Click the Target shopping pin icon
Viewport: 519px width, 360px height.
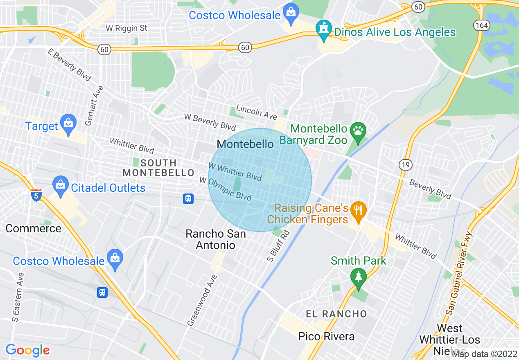pyautogui.click(x=68, y=123)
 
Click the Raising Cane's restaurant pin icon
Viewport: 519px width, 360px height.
pyautogui.click(x=359, y=211)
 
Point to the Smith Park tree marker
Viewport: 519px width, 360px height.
pyautogui.click(x=359, y=277)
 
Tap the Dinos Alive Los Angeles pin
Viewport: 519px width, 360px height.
pyautogui.click(x=324, y=29)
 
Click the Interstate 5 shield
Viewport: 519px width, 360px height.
pyautogui.click(x=36, y=196)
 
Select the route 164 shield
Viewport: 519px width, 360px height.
pyautogui.click(x=482, y=25)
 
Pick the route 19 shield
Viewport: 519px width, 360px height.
pyautogui.click(x=405, y=164)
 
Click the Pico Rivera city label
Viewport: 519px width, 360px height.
pyautogui.click(x=326, y=337)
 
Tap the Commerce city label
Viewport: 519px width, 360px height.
pyautogui.click(x=33, y=228)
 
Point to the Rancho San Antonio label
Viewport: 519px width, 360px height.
pyautogui.click(x=216, y=239)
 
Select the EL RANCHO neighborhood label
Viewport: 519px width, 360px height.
pyautogui.click(x=336, y=314)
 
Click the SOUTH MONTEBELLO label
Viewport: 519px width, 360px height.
pyautogui.click(x=158, y=168)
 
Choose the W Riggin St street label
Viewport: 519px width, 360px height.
pyautogui.click(x=126, y=28)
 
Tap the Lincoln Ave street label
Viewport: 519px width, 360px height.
pyautogui.click(x=257, y=112)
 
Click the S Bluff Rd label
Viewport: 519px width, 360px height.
pyautogui.click(x=280, y=246)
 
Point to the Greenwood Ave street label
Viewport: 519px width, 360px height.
pyautogui.click(x=202, y=300)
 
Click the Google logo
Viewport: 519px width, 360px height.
pyautogui.click(x=27, y=350)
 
